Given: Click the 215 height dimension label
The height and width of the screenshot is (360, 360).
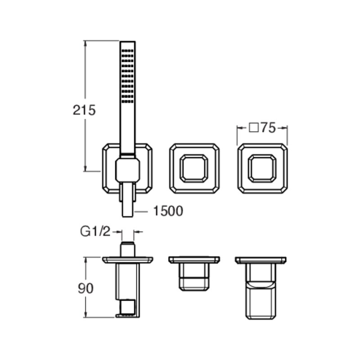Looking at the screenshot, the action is [84, 110].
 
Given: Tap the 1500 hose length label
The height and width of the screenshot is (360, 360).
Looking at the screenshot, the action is [168, 211].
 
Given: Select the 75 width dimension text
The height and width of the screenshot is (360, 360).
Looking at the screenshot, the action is [268, 128].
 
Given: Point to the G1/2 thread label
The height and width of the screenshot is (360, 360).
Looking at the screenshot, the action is [95, 232].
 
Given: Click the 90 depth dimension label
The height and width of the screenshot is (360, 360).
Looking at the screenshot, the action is [85, 288].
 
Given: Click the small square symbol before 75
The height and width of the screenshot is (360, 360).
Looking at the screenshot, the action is [254, 128].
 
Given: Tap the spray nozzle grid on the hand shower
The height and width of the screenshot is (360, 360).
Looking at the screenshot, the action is [127, 76].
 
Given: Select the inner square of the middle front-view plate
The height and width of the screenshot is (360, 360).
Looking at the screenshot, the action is [194, 168].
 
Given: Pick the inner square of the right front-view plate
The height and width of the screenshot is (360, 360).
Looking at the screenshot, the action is [262, 168].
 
